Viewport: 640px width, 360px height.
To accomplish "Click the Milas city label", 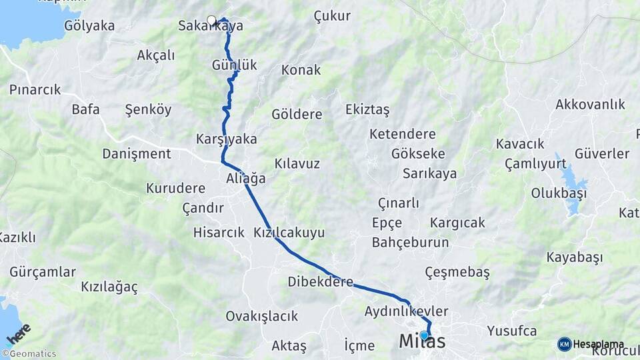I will click(422, 342).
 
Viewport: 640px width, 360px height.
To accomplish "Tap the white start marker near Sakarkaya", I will click(212, 21).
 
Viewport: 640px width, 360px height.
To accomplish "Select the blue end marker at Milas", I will click(423, 335).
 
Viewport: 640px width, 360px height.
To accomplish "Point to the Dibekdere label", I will click(320, 282).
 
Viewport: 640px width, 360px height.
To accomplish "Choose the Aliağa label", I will click(245, 179).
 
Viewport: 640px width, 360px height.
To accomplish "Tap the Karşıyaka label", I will click(227, 139).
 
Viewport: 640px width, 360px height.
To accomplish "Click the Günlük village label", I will click(234, 65).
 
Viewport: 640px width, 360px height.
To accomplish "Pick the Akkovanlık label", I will click(590, 104).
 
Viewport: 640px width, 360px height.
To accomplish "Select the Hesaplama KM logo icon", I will click(564, 344).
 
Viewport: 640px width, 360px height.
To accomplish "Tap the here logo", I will click(19, 334).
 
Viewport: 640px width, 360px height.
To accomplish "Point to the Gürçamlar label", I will click(43, 272).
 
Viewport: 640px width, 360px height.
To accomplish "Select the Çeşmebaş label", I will click(457, 272).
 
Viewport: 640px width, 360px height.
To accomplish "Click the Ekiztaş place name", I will click(367, 109).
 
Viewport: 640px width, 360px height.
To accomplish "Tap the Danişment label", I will click(137, 153).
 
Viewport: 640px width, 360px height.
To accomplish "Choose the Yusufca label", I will click(512, 331).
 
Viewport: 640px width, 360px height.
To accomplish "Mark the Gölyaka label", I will click(89, 26).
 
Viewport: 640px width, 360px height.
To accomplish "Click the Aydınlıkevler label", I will click(406, 311).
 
